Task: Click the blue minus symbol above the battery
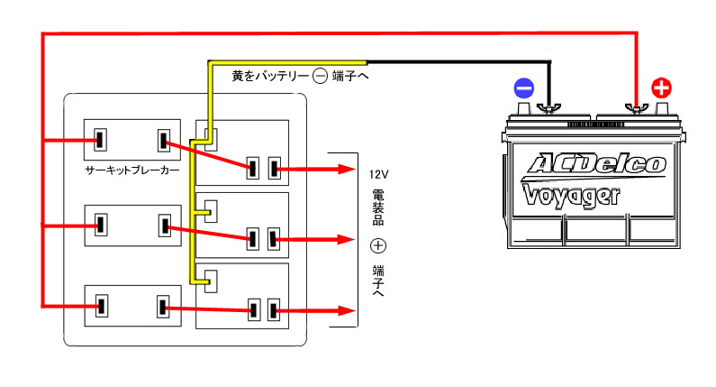click(x=524, y=88)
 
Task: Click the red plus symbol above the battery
click(x=661, y=88)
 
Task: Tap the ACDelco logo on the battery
click(x=596, y=163)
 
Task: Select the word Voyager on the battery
click(x=570, y=195)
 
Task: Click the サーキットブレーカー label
click(x=132, y=170)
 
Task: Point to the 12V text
click(x=377, y=172)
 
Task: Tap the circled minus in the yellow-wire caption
click(x=320, y=77)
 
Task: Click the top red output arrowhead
click(x=344, y=168)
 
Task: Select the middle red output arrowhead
click(x=344, y=240)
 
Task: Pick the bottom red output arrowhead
click(x=344, y=311)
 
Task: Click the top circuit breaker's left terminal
click(x=100, y=141)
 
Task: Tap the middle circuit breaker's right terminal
click(x=164, y=225)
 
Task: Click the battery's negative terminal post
click(x=546, y=109)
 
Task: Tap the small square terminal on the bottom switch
click(x=209, y=278)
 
